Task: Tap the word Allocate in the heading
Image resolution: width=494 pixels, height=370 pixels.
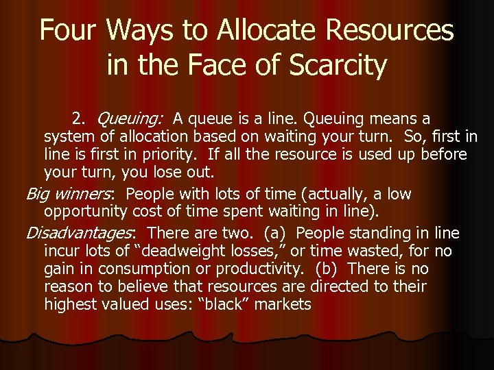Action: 257,31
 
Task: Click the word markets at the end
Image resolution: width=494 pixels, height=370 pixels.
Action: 285,304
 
